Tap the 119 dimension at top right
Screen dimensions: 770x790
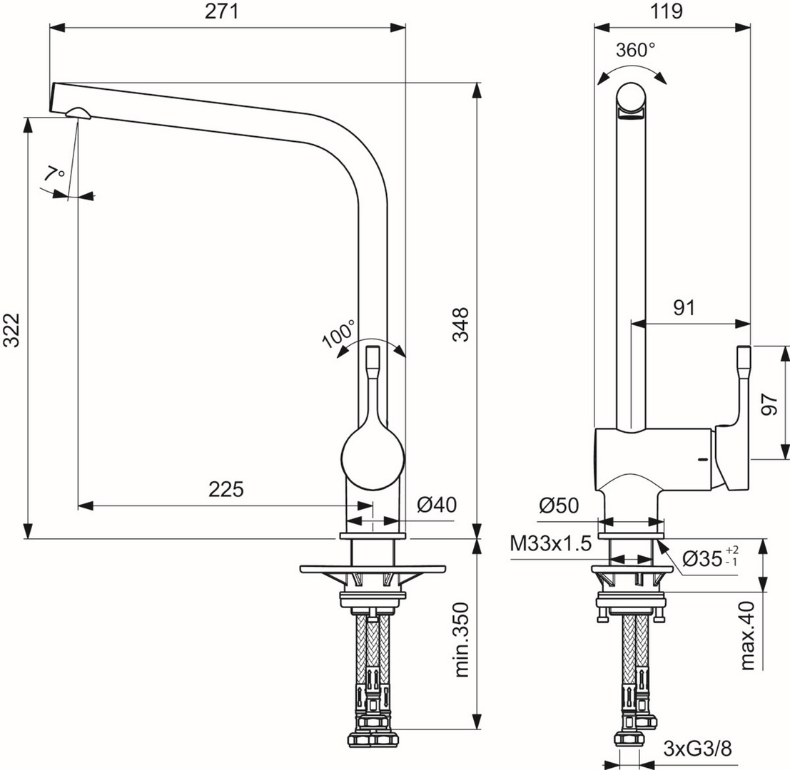[667, 12]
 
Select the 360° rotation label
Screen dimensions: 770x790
[635, 51]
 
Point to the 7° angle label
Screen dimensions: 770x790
[54, 175]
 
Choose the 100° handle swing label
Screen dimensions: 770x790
[339, 333]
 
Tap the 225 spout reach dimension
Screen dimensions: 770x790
[226, 489]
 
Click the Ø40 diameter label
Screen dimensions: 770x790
[436, 505]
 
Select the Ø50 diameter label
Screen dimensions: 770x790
[559, 505]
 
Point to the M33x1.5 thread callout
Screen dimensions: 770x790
[551, 544]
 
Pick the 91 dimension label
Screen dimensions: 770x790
[684, 307]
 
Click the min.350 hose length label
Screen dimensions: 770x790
[462, 640]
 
